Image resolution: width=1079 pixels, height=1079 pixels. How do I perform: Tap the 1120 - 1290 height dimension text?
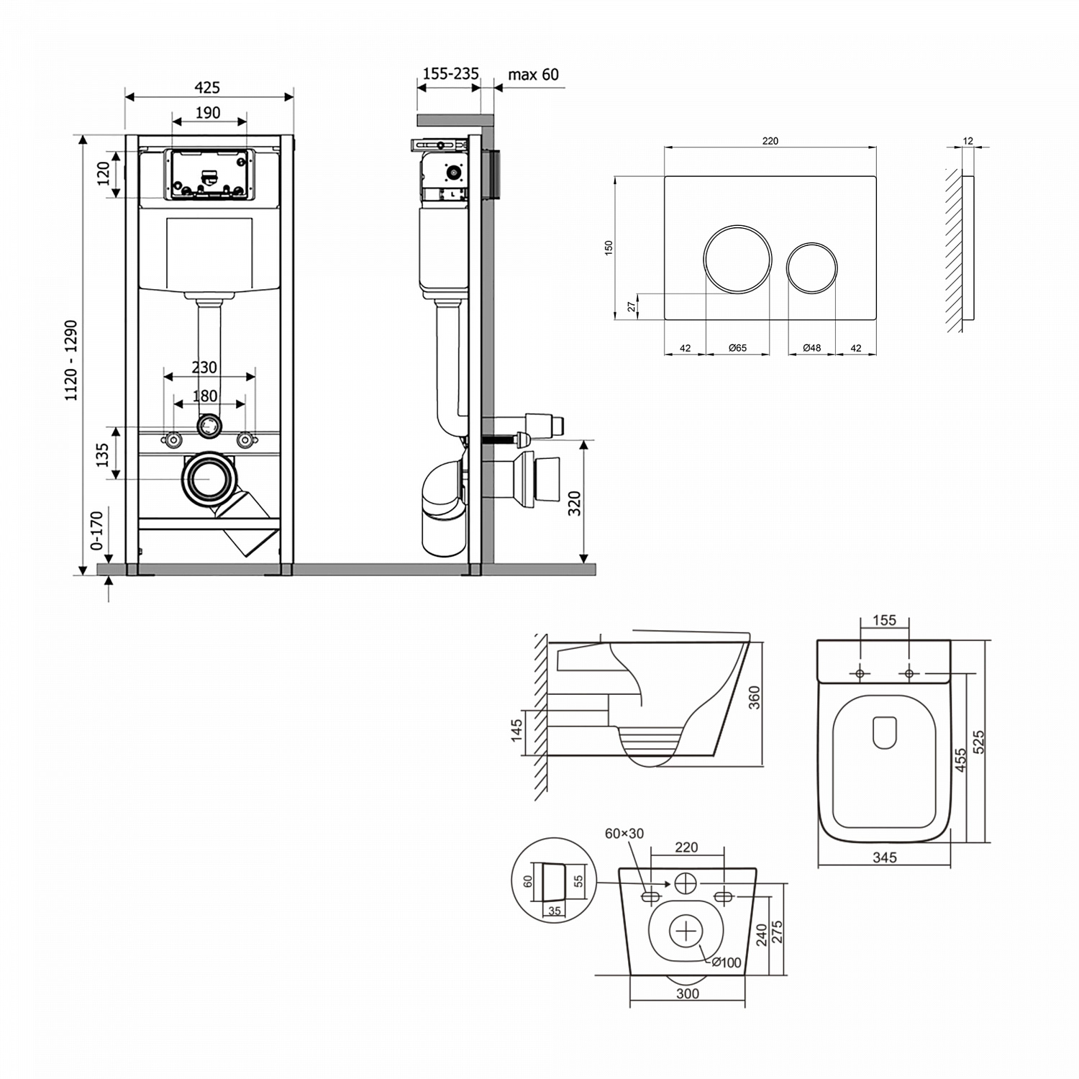[72, 360]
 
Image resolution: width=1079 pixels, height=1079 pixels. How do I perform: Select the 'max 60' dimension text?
[533, 75]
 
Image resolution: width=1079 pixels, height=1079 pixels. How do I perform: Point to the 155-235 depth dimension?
[450, 74]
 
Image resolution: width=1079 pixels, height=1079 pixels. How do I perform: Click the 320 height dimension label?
[574, 504]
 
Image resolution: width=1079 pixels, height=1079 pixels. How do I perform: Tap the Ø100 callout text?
[727, 962]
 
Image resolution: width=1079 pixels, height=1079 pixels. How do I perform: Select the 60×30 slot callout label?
[624, 834]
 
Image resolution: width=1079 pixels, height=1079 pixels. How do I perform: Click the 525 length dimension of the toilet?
[978, 742]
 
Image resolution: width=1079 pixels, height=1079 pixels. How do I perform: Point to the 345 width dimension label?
[885, 857]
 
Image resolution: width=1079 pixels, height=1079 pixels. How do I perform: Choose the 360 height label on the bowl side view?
[755, 698]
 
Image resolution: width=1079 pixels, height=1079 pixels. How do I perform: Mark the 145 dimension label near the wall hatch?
[516, 733]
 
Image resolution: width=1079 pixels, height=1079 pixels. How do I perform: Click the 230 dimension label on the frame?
[204, 368]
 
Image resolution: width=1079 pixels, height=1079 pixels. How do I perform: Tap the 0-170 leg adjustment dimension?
[97, 530]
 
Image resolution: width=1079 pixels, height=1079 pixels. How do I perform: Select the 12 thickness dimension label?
[968, 141]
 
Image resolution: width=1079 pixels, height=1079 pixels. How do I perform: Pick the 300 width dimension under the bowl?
[688, 993]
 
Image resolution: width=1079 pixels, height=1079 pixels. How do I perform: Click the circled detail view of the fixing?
[553, 879]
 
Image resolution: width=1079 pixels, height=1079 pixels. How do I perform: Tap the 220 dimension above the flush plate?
[770, 141]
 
